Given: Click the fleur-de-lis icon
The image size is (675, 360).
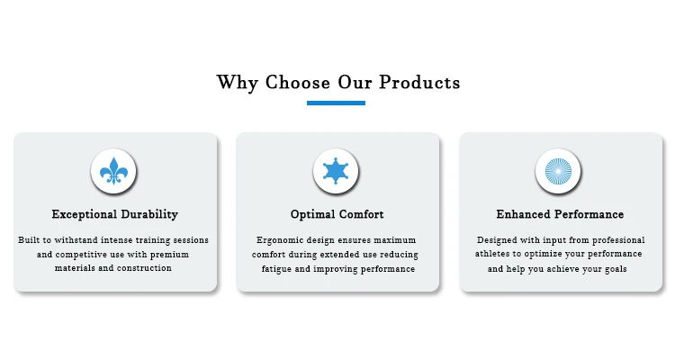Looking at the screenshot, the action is (113, 171).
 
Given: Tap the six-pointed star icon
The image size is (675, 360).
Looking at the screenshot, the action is (336, 171).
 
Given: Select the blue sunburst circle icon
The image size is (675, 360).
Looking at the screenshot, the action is (558, 171).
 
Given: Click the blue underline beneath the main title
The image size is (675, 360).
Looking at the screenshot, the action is (337, 103).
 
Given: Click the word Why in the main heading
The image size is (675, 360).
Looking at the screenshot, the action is (237, 83).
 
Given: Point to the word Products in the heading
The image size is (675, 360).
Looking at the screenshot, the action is (419, 82).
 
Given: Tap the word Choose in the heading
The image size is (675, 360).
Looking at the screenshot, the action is (298, 82).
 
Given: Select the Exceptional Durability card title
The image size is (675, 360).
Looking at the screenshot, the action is (115, 214).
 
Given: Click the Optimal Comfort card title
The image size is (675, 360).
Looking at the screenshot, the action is (337, 214).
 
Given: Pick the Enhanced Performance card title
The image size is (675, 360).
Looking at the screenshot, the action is (560, 214).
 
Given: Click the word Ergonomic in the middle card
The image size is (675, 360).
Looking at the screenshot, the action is (280, 240).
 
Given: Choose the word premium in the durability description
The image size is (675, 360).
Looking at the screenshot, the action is (169, 255).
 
